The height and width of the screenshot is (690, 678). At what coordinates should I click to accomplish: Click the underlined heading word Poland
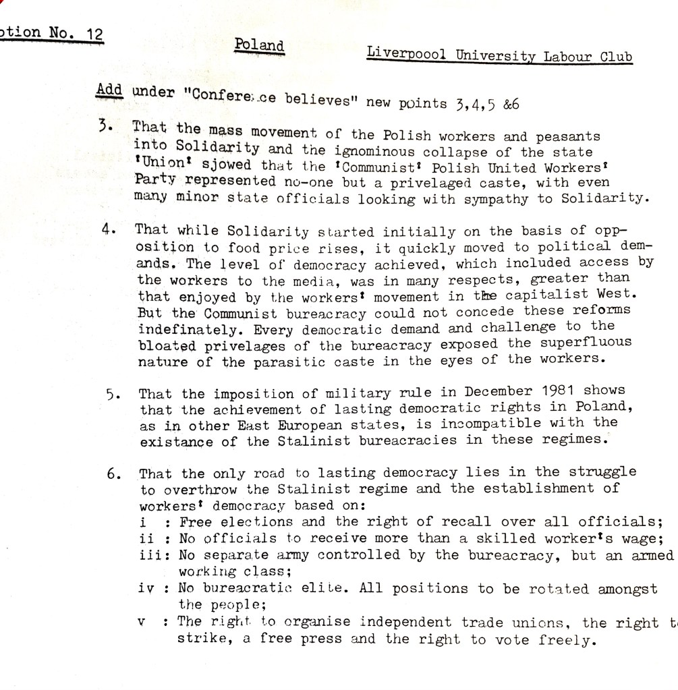(x=259, y=45)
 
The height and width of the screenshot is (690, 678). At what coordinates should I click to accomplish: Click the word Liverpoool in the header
(x=406, y=53)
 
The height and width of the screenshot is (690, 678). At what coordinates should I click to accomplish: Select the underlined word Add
(x=110, y=90)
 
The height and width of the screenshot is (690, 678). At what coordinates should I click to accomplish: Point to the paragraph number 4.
(x=108, y=228)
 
